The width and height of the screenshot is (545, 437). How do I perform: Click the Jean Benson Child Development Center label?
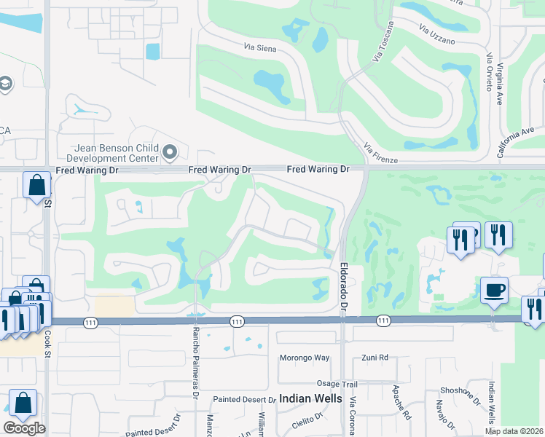click(x=112, y=151)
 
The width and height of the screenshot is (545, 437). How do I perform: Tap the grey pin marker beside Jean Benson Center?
click(x=170, y=152)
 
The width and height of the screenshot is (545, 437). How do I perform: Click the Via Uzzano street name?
click(x=437, y=34)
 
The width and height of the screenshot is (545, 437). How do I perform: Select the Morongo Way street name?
click(x=305, y=358)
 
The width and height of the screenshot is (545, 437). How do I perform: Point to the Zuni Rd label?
click(x=375, y=358)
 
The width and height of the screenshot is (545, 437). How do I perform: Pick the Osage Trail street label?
click(x=337, y=384)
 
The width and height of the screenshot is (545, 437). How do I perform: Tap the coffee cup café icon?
click(x=494, y=289)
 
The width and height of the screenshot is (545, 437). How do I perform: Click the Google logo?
click(x=24, y=428)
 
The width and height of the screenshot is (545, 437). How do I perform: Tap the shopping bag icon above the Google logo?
click(x=23, y=403)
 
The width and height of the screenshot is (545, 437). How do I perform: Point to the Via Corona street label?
click(x=353, y=416)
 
